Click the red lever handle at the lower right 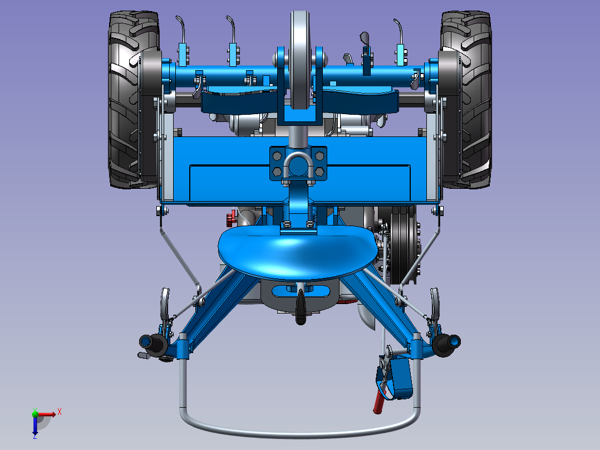click(379, 400)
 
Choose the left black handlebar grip click(153, 343)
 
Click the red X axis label click(60, 412)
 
